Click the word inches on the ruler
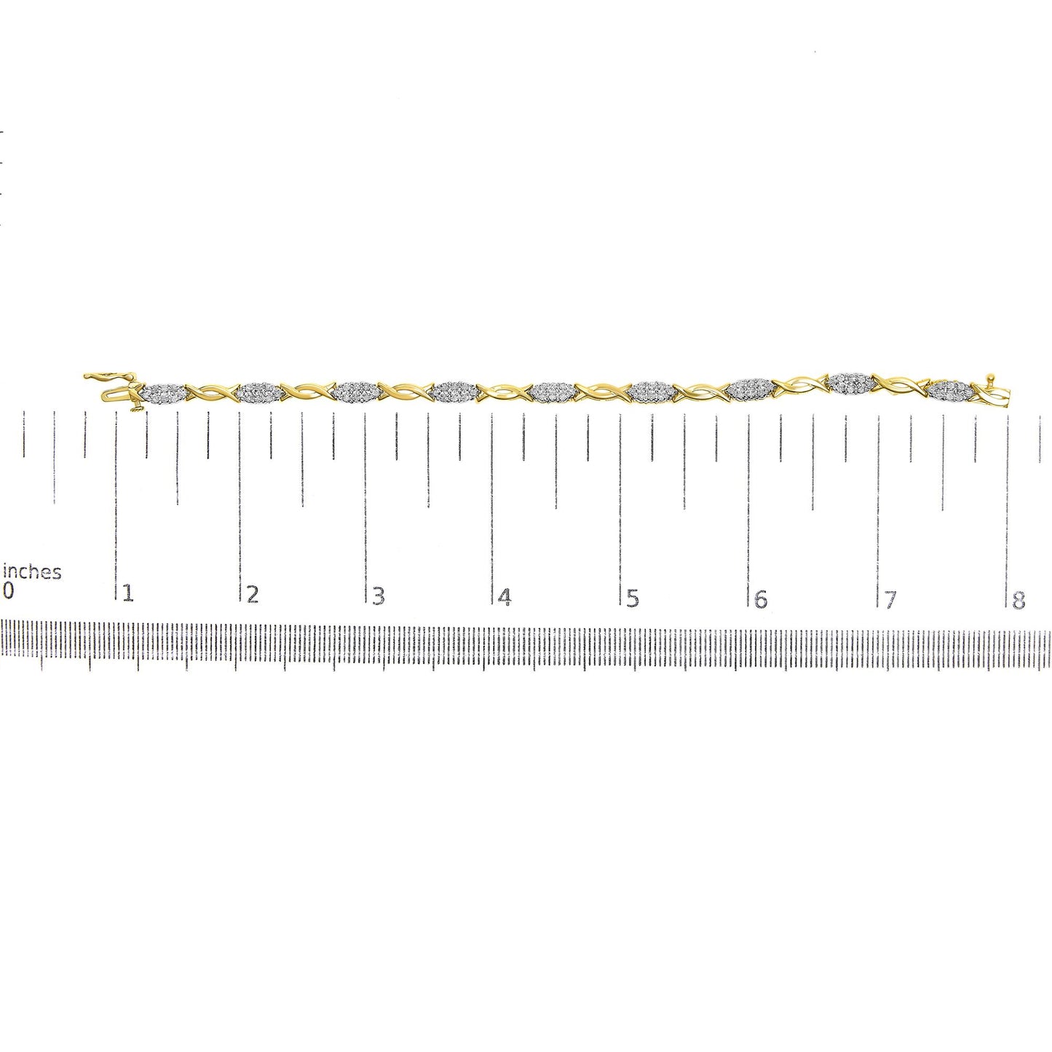33,572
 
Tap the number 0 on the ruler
9,590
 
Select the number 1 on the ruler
128,593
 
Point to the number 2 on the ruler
253,595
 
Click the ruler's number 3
378,596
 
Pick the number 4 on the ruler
505,598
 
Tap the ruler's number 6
761,599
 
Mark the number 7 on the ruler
890,601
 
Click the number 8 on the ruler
1019,601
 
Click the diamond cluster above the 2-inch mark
260,392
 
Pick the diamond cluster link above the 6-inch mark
750,387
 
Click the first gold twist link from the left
212,394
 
